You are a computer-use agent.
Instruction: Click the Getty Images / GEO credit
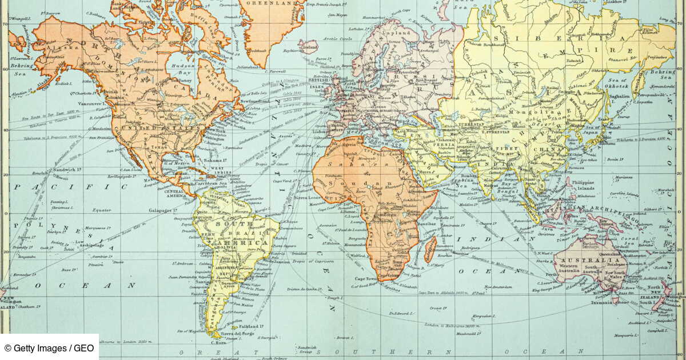pos(50,347)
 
